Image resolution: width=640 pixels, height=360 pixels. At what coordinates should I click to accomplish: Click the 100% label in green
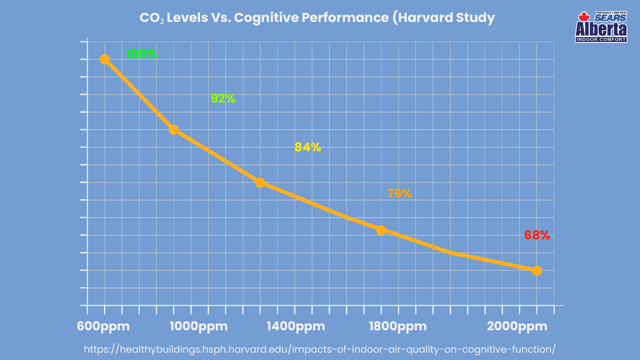coord(141,54)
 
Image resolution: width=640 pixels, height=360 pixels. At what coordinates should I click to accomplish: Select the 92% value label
coord(223,98)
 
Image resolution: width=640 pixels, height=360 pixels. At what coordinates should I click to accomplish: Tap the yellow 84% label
coord(308,147)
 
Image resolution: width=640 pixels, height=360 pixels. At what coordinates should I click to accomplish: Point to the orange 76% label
coord(399,193)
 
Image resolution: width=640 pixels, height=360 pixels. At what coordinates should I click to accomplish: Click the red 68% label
coord(537,235)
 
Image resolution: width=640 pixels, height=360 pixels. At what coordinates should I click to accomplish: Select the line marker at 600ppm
coord(105,59)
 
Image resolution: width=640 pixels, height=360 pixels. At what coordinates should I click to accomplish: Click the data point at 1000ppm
coord(173,129)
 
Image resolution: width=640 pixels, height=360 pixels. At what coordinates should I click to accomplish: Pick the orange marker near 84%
coord(260,183)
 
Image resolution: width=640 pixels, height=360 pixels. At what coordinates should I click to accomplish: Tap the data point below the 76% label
coord(381,230)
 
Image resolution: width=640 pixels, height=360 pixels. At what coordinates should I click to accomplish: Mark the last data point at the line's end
coord(537,271)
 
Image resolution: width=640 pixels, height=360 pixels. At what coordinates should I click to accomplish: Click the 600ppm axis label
coord(103,326)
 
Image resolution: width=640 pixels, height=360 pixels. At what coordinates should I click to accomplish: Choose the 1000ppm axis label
coord(199,326)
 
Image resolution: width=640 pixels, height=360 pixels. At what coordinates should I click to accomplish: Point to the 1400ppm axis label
coord(296,326)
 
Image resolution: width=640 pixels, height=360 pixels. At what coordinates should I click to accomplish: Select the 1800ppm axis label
coord(398,326)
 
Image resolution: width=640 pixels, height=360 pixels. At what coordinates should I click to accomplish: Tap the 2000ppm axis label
coord(517,326)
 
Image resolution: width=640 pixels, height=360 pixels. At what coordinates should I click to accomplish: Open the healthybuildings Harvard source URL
coord(319,349)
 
